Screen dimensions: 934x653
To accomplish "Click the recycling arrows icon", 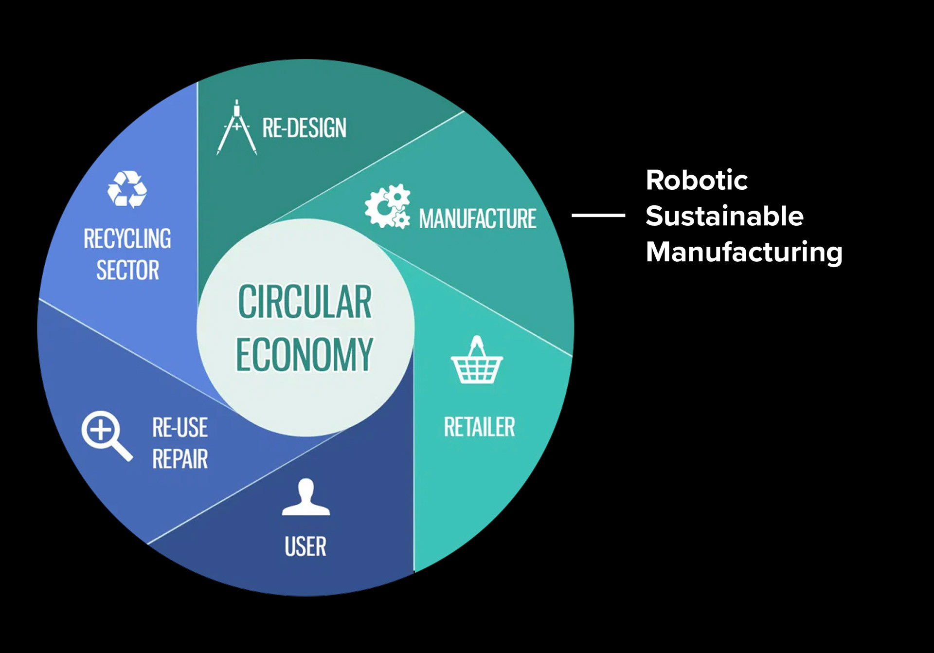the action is [x=127, y=189].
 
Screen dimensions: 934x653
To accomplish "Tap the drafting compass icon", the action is [x=237, y=127].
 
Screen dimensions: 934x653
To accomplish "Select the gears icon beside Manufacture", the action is [x=388, y=206].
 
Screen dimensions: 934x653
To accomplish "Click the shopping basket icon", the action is [x=477, y=360].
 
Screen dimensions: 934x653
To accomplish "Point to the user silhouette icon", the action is [x=306, y=497].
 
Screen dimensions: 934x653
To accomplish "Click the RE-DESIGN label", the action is [x=305, y=128].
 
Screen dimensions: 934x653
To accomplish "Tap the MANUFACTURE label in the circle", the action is [x=478, y=218].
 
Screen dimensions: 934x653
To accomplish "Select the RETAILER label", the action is [x=480, y=427].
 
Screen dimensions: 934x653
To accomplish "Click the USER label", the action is [x=305, y=546].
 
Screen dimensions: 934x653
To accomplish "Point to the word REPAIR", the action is [x=180, y=459].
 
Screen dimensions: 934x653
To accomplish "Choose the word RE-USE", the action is [x=180, y=428].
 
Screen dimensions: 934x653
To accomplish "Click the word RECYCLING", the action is [x=127, y=239].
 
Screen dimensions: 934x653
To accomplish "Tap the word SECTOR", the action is [x=128, y=270].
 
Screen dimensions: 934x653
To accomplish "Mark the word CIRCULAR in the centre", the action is [x=305, y=302].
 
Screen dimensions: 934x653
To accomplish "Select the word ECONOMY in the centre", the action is [x=305, y=354].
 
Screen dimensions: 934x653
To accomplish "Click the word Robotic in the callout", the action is [x=697, y=180].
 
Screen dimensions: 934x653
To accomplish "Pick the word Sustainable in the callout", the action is [x=724, y=216].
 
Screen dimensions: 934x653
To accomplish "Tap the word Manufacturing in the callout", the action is [x=744, y=253].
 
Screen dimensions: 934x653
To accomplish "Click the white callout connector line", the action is [x=598, y=215].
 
